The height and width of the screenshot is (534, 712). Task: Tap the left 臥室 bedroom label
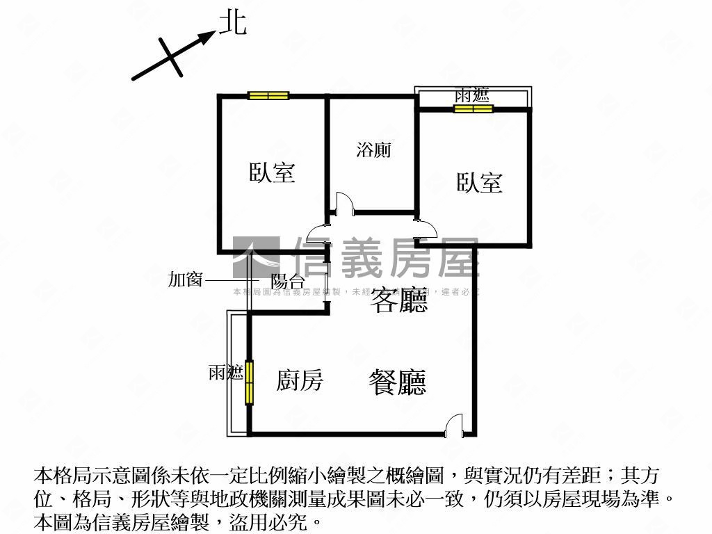tap(273, 172)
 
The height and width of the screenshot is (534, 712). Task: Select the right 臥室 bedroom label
tap(479, 183)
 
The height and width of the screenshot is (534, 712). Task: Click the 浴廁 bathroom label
tap(373, 149)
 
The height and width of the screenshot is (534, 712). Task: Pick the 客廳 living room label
tap(398, 300)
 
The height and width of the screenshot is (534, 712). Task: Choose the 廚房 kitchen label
tap(299, 380)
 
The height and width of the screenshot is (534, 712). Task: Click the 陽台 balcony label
tap(287, 281)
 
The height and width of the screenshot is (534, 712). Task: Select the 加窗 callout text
tap(185, 280)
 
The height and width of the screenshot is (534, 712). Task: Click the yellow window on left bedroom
tap(268, 96)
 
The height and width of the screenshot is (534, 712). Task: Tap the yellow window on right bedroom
tap(473, 108)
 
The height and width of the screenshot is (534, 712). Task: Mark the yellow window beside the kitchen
tap(249, 382)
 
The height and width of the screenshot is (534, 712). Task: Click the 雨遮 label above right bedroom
tap(473, 95)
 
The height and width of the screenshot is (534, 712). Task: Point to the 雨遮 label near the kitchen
tap(225, 373)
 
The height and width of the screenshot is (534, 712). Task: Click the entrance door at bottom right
tap(453, 424)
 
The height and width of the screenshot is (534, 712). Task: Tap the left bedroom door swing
tap(317, 234)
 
